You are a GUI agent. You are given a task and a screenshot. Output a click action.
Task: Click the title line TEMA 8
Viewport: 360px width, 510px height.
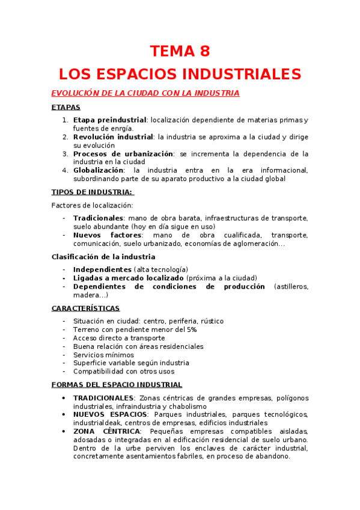[180, 51]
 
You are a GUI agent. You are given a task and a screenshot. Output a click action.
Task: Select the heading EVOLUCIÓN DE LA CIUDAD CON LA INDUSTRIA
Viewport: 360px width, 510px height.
[145, 93]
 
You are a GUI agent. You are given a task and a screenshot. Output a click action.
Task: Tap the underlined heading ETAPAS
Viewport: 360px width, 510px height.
[66, 108]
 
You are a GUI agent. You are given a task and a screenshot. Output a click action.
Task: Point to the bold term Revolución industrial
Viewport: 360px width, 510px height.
[113, 137]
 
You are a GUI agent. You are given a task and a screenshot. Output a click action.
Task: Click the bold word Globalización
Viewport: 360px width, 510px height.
[98, 170]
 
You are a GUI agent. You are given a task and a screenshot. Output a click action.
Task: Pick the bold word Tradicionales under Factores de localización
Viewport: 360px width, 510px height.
[98, 218]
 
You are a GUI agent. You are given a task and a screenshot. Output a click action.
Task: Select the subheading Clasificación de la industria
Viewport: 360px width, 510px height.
[103, 257]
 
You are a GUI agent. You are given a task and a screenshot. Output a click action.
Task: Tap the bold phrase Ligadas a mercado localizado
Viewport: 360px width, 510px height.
[129, 278]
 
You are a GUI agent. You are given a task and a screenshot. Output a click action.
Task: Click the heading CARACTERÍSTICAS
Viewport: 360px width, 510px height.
[85, 309]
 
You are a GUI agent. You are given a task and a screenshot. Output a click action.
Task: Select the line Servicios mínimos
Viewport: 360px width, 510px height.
[103, 355]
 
